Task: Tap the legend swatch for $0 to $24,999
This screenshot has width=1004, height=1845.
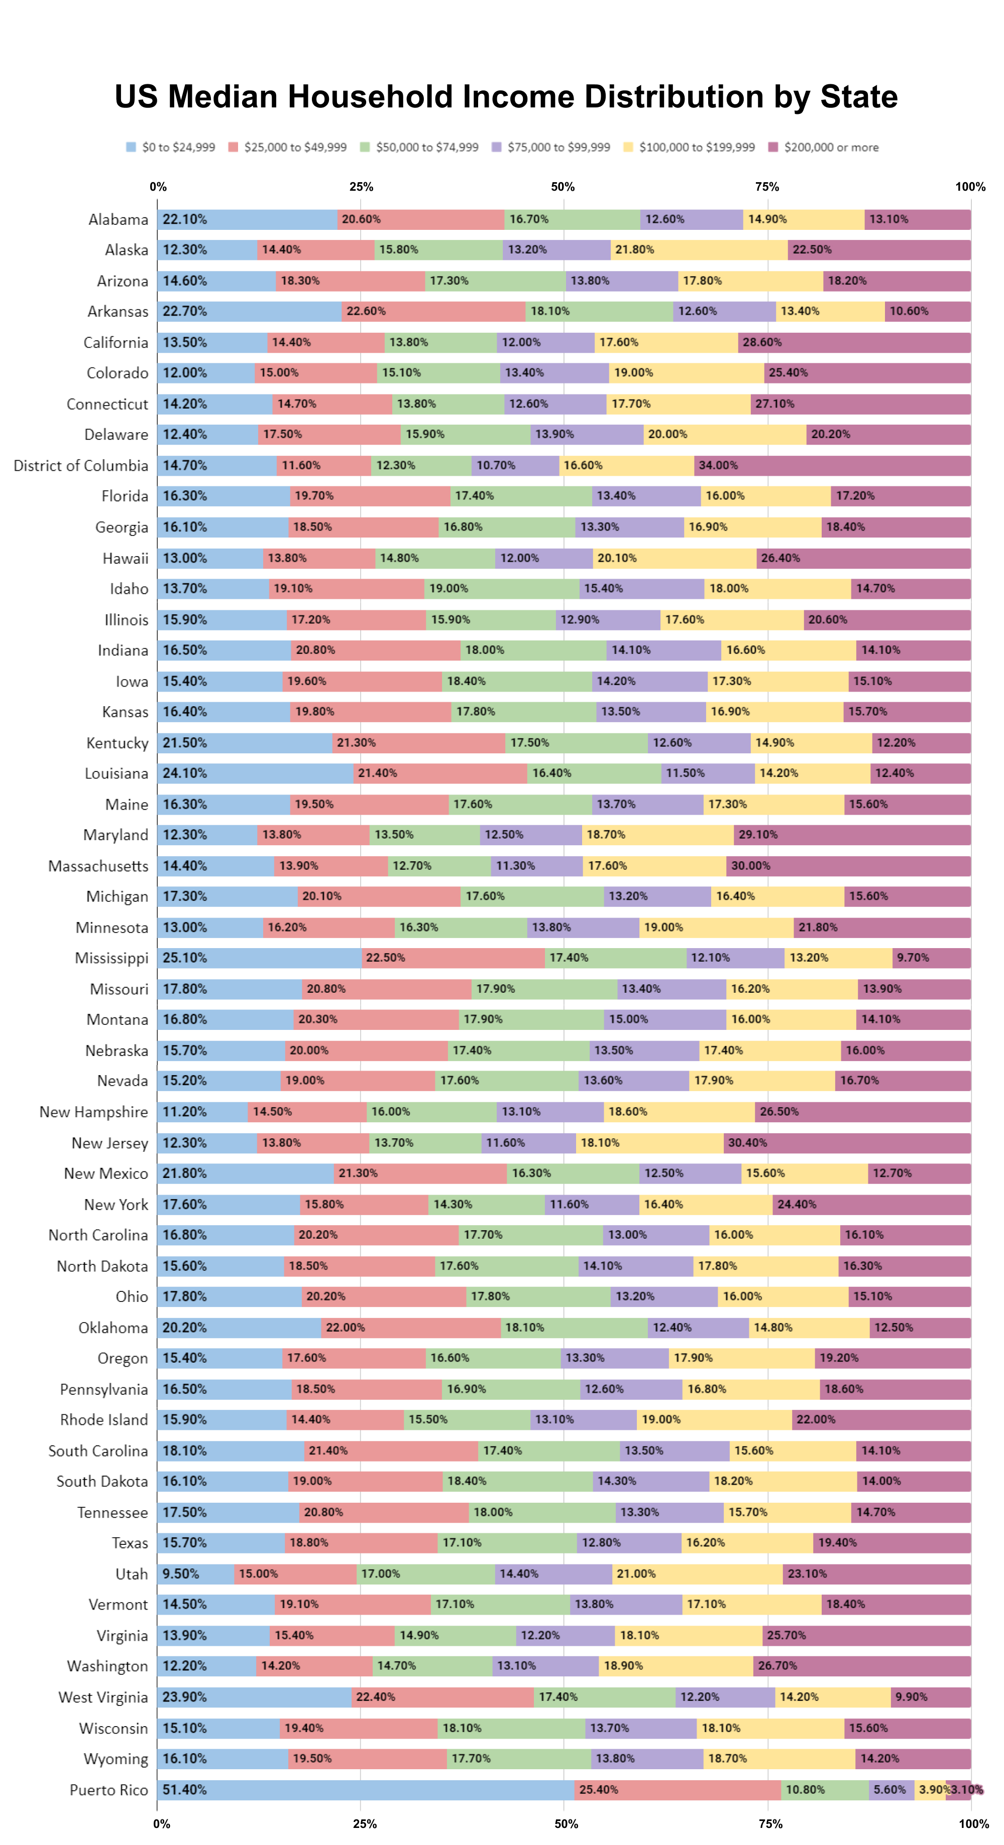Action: coord(131,147)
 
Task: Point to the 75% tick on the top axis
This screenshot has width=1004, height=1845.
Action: coord(767,187)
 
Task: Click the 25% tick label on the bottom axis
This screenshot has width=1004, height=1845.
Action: coord(364,1823)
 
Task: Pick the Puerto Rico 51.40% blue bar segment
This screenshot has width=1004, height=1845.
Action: coord(366,1789)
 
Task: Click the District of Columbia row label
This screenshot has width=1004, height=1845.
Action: coord(81,466)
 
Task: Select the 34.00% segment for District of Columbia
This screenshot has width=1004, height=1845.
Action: coord(831,466)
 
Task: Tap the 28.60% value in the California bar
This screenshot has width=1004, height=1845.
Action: coord(762,342)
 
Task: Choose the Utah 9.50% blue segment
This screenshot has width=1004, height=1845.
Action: coord(195,1573)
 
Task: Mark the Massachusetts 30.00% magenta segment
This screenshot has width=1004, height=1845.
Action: coord(848,866)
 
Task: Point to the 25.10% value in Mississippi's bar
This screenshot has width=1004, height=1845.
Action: coord(185,958)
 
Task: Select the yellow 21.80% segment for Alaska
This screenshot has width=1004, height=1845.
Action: coord(699,250)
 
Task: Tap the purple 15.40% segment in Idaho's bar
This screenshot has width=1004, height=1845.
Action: coord(641,589)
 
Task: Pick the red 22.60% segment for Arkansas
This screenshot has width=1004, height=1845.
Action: coord(433,312)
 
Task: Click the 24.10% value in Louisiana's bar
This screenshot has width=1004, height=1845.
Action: coord(185,773)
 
